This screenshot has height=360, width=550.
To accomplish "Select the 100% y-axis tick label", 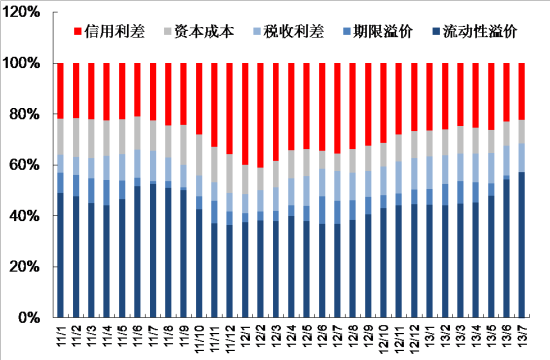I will [21, 63].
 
